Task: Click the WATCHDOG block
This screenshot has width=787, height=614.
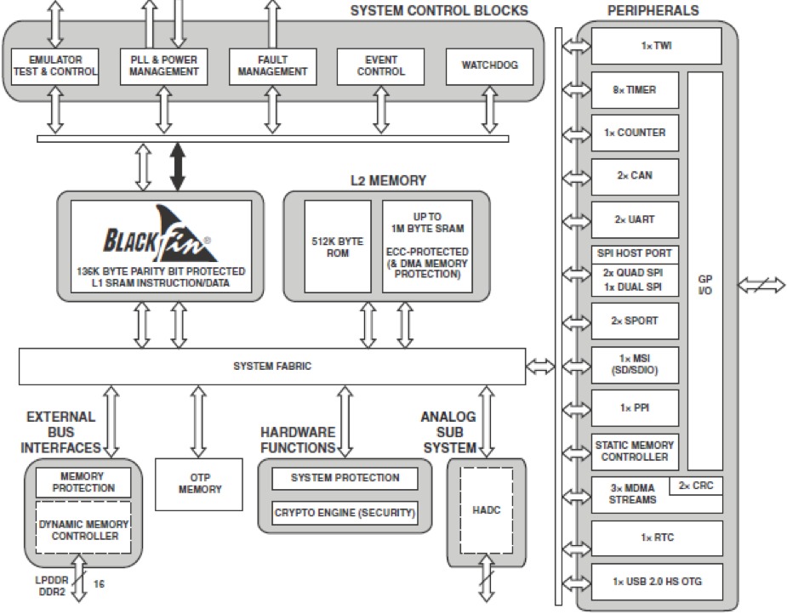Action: point(489,66)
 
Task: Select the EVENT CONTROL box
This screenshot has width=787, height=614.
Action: point(380,66)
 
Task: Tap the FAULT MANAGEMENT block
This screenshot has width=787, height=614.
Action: point(272,66)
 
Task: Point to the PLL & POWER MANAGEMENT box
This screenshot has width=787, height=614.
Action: point(163,66)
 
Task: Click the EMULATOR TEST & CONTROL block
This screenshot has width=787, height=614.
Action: point(54,66)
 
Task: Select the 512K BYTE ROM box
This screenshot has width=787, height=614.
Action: point(338,247)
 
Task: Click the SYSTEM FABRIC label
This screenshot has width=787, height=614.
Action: point(272,367)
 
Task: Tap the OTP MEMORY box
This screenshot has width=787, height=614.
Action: point(199,484)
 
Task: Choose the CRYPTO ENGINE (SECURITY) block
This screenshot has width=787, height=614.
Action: point(345,513)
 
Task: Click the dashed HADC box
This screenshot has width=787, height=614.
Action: point(487,510)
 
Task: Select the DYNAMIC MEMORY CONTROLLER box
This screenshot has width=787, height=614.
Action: point(83,528)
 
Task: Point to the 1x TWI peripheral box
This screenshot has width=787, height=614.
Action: point(657,46)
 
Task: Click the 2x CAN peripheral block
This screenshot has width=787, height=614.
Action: point(635,177)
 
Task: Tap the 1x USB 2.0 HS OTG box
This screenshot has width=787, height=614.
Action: point(657,582)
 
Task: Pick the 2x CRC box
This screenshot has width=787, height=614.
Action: point(696,486)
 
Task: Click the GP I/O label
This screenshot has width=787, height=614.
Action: point(704,285)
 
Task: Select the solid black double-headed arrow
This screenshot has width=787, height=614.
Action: point(178,167)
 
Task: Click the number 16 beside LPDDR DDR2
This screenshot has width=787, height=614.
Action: point(99,584)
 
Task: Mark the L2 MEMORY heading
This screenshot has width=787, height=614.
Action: point(388,180)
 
